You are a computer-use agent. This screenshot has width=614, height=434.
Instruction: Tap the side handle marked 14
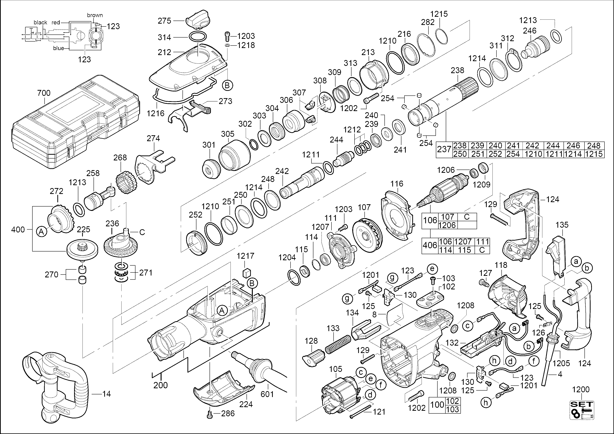tap(56, 385)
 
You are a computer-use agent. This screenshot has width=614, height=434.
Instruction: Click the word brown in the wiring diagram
tap(95, 15)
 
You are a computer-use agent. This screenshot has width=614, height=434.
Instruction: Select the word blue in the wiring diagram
tap(58, 48)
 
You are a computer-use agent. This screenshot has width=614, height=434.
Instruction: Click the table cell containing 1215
tap(594, 154)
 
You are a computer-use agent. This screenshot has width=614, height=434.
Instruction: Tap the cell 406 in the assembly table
tap(430, 245)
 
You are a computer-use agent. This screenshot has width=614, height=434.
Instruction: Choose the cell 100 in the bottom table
tap(437, 405)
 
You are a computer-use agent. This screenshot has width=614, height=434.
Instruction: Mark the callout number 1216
tap(155, 113)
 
